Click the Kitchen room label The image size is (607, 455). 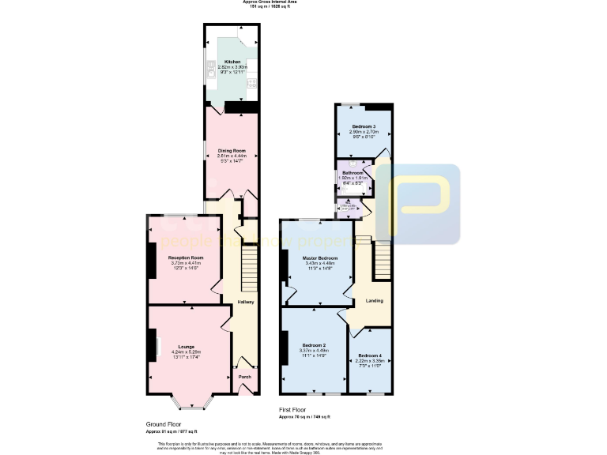[x=232, y=62]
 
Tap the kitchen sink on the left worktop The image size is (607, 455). [x=212, y=72]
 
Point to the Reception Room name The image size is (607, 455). [x=186, y=258]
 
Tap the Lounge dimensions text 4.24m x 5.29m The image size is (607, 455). [x=186, y=352]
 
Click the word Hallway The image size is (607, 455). [x=246, y=302]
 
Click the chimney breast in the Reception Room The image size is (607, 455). [x=150, y=260]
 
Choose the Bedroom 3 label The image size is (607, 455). [x=364, y=126]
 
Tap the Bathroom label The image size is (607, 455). [x=353, y=173]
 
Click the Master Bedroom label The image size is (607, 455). [x=320, y=258]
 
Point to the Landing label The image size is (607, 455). [x=374, y=300]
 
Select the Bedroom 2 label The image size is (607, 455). [x=314, y=345]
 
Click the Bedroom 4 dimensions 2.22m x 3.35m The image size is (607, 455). [x=370, y=360]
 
